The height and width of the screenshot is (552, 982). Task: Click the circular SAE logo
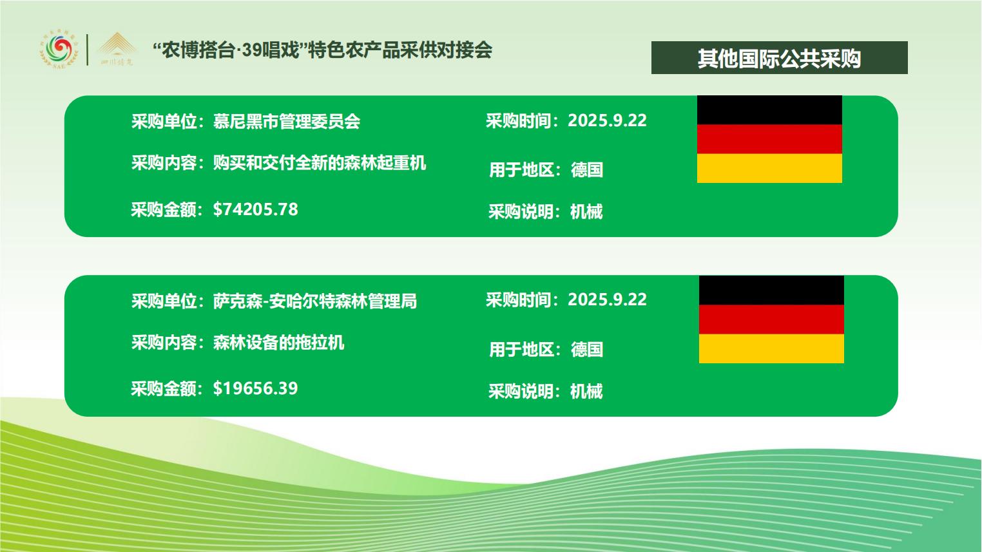coord(59,50)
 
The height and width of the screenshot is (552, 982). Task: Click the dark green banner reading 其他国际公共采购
coord(779,57)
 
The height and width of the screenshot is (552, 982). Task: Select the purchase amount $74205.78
coord(255,209)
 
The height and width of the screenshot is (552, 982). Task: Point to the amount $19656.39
coord(255,388)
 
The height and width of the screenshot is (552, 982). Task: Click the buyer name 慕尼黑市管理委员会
coord(287,121)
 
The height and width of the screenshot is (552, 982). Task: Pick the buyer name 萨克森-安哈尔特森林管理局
coord(314,301)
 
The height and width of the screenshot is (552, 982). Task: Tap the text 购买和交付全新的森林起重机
coord(320,163)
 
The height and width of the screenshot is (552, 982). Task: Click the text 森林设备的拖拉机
coord(278,343)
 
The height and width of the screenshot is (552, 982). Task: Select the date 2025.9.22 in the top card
coord(607,120)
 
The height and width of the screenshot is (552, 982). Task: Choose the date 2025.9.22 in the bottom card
coord(607,300)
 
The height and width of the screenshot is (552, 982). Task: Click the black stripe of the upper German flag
coord(769,110)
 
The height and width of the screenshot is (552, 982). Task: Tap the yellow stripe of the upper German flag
coord(769,168)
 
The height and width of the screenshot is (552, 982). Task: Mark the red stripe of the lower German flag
coord(771,319)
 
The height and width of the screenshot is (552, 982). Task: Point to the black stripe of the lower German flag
coord(771,290)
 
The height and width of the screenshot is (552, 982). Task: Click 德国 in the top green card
coord(587,170)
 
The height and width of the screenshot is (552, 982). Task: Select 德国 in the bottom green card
coord(587,350)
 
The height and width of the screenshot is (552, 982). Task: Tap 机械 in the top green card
coord(586,212)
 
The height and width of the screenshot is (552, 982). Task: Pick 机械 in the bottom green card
coord(586,391)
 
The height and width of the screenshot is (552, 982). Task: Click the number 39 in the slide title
coord(252,50)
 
